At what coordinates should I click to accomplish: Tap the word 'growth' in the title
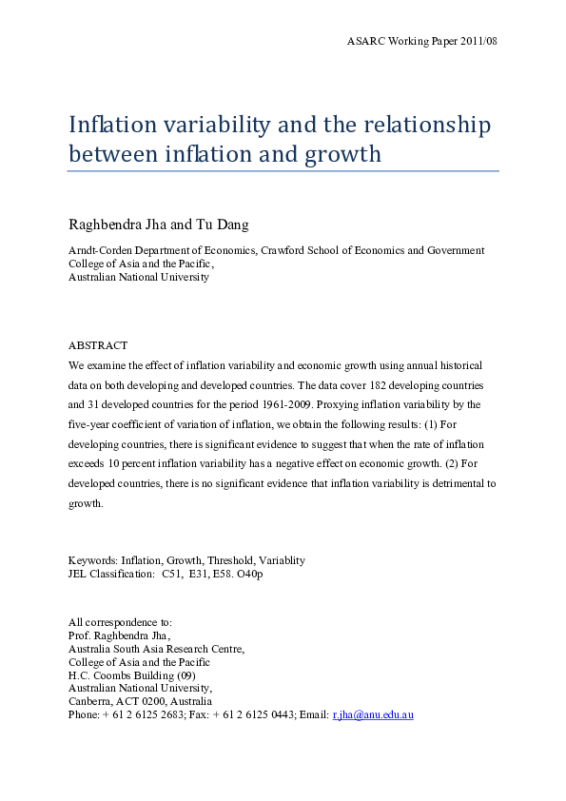tap(339, 154)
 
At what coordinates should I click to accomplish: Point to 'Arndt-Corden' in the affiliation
tap(98, 251)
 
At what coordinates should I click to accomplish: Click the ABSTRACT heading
tap(98, 345)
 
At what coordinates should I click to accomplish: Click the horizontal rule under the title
tap(283, 171)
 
